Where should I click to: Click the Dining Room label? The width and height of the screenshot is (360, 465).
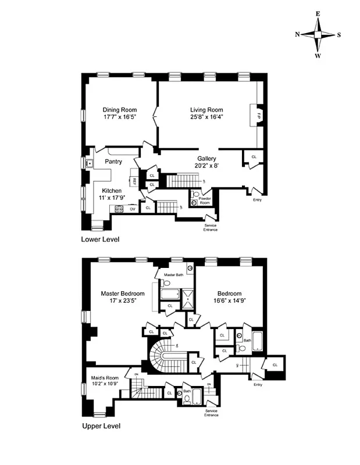119,109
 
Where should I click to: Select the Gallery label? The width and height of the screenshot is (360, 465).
206,158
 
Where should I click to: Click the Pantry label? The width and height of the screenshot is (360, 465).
113,161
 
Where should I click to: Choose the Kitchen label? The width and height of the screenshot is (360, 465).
112,190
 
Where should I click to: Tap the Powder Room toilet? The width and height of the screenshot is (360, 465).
194,203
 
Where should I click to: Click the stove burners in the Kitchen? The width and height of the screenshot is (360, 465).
119,209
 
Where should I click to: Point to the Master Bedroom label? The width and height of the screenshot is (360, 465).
122,294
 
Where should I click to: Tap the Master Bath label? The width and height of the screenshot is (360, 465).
173,274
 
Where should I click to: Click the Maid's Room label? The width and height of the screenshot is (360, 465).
105,377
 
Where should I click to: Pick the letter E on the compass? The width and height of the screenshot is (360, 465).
318,13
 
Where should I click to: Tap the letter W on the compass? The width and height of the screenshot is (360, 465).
318,56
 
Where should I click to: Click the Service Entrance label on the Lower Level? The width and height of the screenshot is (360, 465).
211,227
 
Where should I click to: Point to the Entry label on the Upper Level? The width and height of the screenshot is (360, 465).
258,384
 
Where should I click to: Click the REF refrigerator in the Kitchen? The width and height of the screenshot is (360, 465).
134,181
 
